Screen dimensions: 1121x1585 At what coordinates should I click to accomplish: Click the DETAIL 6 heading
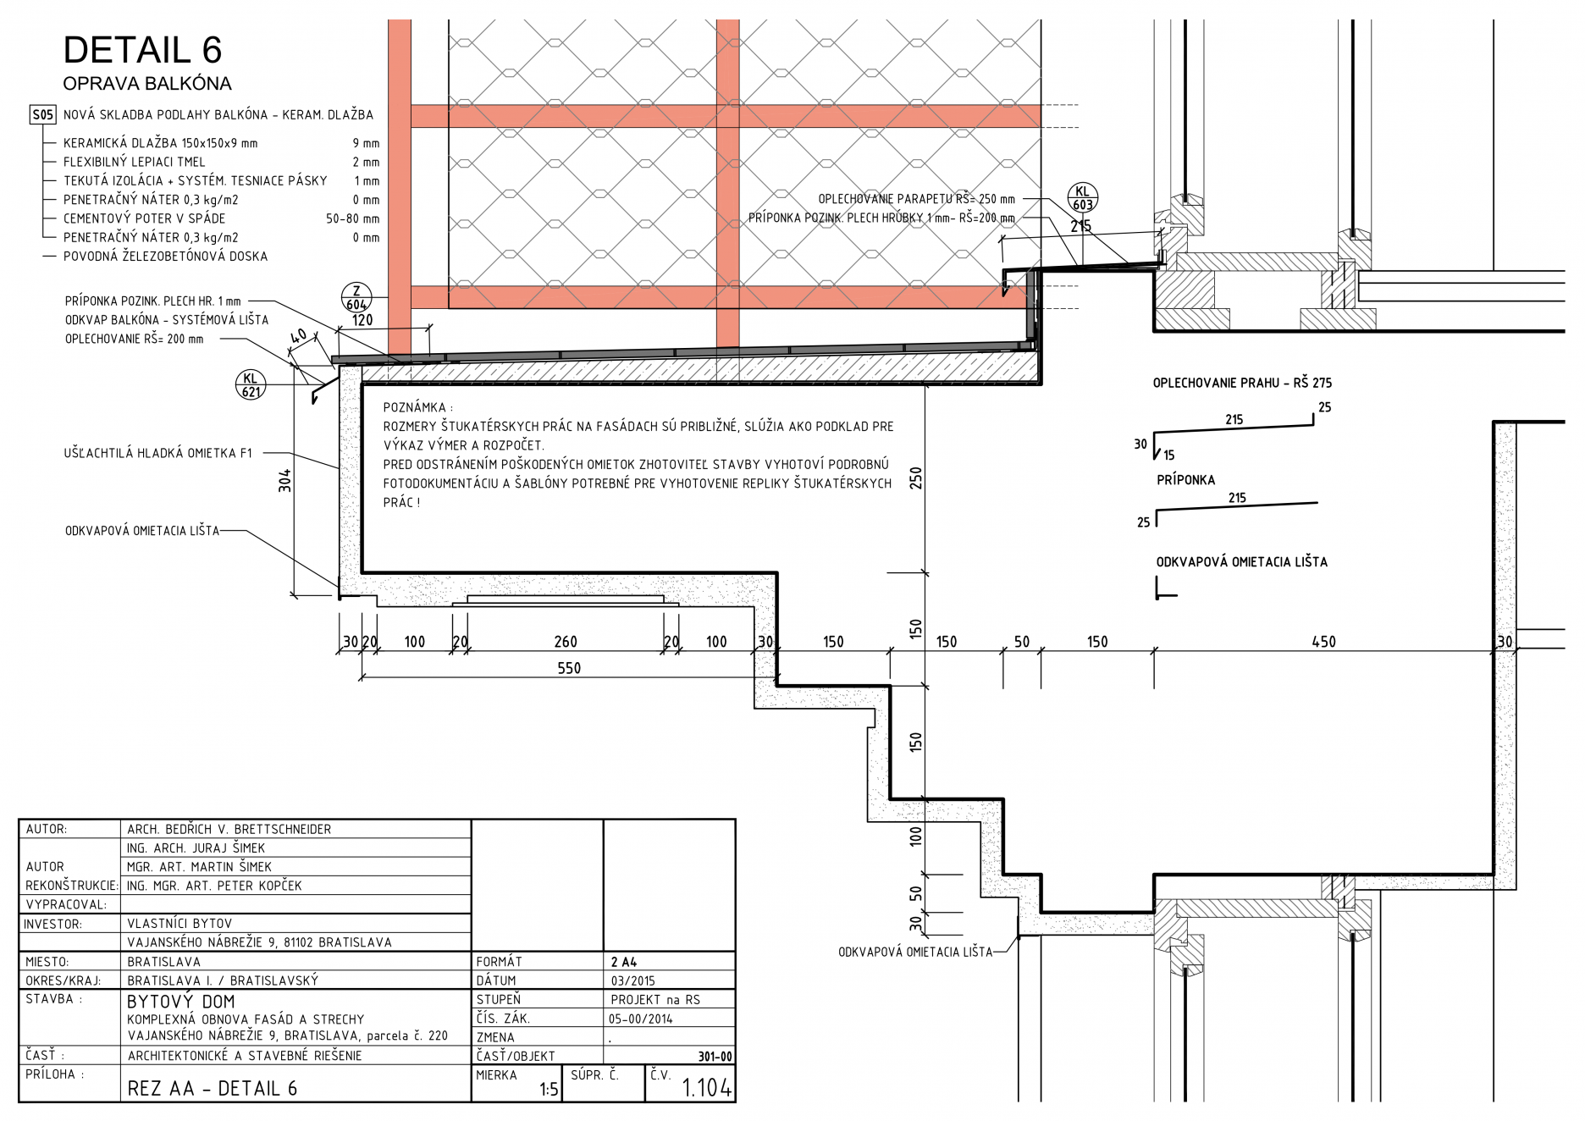click(x=142, y=51)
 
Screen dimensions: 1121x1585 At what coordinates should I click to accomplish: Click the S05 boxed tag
click(x=42, y=115)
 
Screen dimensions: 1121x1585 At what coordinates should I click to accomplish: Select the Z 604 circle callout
click(x=356, y=297)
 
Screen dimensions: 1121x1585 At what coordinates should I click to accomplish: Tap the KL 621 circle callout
click(x=251, y=384)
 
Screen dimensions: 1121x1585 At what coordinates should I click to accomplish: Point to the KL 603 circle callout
click(x=1082, y=198)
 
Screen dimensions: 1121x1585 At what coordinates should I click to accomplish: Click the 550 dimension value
click(x=569, y=669)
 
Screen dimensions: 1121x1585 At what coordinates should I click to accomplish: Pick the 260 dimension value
click(x=566, y=643)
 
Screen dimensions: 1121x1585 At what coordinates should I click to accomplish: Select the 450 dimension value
click(x=1323, y=643)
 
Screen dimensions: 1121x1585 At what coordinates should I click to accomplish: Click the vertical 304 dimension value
click(x=285, y=480)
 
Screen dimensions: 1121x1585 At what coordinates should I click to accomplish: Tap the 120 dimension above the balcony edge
click(x=362, y=320)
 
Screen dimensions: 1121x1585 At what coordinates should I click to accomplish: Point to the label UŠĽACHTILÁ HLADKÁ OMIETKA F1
click(x=157, y=454)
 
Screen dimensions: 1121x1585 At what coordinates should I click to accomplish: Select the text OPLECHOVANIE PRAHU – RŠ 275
click(x=1242, y=384)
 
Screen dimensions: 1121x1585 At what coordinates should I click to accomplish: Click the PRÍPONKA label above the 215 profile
click(x=1185, y=480)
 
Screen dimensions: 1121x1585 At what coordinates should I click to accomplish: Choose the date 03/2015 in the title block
click(x=633, y=981)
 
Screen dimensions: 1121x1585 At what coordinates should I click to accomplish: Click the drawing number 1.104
click(x=706, y=1088)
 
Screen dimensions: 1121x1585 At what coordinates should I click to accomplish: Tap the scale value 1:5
click(x=549, y=1090)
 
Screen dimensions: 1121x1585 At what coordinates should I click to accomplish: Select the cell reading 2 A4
click(x=624, y=963)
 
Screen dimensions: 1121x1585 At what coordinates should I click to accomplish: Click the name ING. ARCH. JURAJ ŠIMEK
click(x=196, y=848)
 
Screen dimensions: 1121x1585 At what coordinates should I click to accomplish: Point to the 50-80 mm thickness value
click(x=352, y=218)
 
